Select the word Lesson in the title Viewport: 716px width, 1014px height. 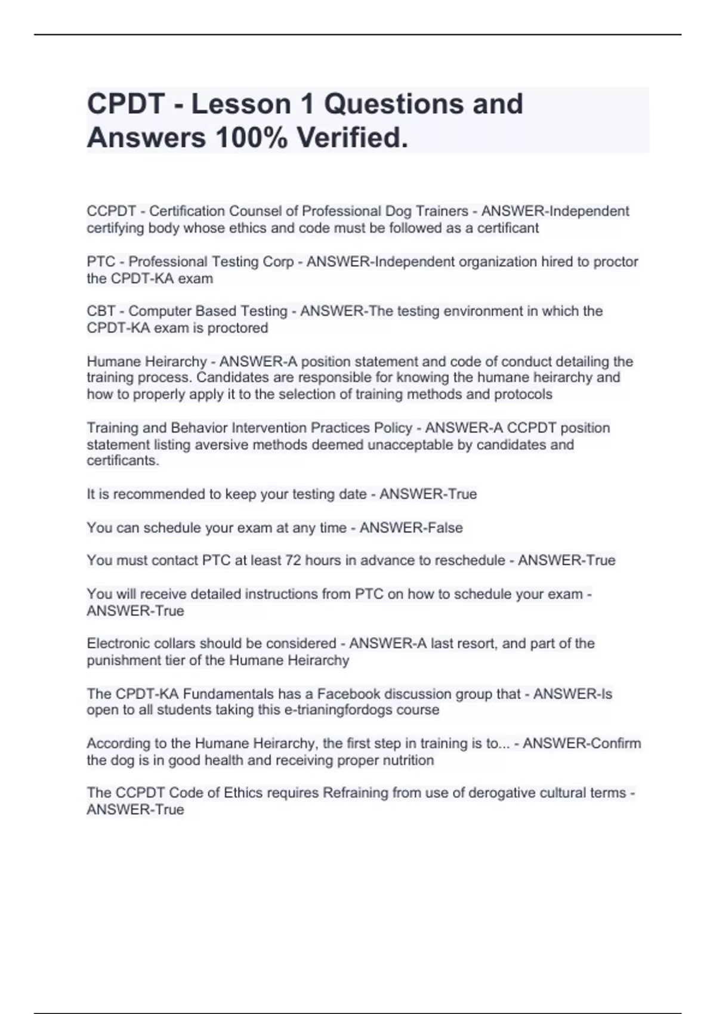(x=241, y=104)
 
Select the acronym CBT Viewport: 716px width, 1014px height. (x=100, y=311)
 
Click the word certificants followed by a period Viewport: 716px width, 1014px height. (x=122, y=460)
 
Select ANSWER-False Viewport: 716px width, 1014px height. (x=411, y=528)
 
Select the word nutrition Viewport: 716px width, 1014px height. (x=408, y=760)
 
